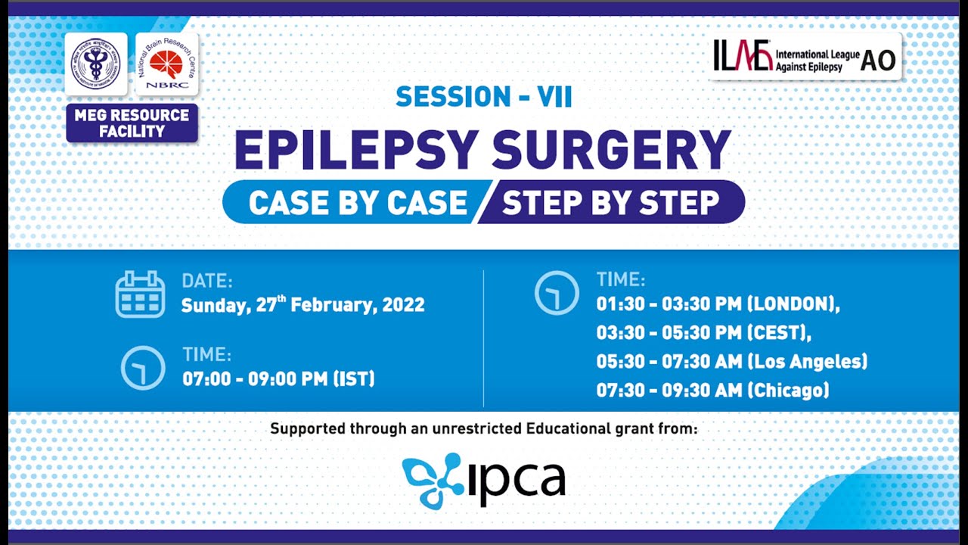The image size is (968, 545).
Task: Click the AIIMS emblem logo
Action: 96,64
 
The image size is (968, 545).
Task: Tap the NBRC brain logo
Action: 166,64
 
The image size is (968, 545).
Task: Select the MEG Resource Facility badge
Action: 132,123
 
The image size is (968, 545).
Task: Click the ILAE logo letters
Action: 743,57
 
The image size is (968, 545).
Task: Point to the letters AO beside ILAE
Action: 878,61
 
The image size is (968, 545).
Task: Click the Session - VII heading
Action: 483,97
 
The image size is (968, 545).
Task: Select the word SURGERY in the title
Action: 611,150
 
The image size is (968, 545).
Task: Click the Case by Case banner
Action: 358,202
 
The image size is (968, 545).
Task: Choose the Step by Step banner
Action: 610,202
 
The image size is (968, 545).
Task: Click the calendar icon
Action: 140,294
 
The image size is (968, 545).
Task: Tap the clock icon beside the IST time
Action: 143,368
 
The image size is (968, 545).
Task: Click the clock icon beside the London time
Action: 557,293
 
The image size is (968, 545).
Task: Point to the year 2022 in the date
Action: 403,305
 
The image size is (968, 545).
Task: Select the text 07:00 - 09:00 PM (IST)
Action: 278,378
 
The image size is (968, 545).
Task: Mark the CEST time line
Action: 703,333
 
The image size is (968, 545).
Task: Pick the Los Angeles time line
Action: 731,362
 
